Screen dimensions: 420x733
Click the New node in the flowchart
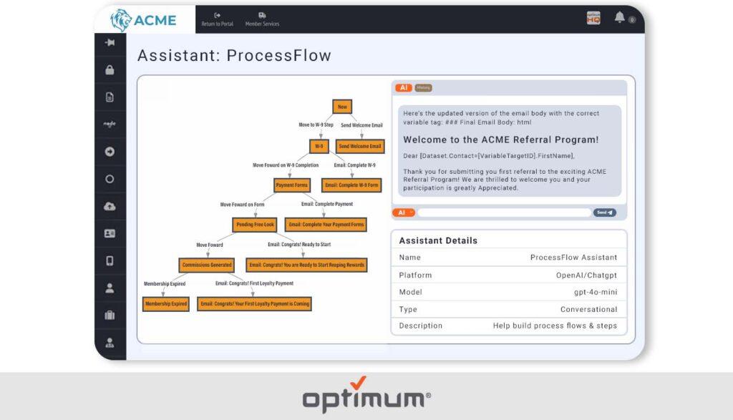click(x=342, y=107)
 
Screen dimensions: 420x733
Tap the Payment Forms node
click(x=291, y=185)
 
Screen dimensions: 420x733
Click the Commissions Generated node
click(x=207, y=265)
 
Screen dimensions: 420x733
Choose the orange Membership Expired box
click(x=166, y=304)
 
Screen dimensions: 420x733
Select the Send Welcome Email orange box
click(x=360, y=146)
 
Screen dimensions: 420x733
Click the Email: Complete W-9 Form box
click(x=351, y=185)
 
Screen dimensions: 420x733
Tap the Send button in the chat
click(x=604, y=213)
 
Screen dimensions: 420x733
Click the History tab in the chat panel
click(x=424, y=88)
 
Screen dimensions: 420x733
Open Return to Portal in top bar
click(x=217, y=19)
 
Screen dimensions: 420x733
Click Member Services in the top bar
click(x=262, y=19)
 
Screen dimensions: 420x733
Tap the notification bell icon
click(x=620, y=18)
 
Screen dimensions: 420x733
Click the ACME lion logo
click(x=121, y=19)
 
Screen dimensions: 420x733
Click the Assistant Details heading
click(x=438, y=240)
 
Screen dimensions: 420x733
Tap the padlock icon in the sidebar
click(x=110, y=69)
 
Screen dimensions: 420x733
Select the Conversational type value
click(x=588, y=309)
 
